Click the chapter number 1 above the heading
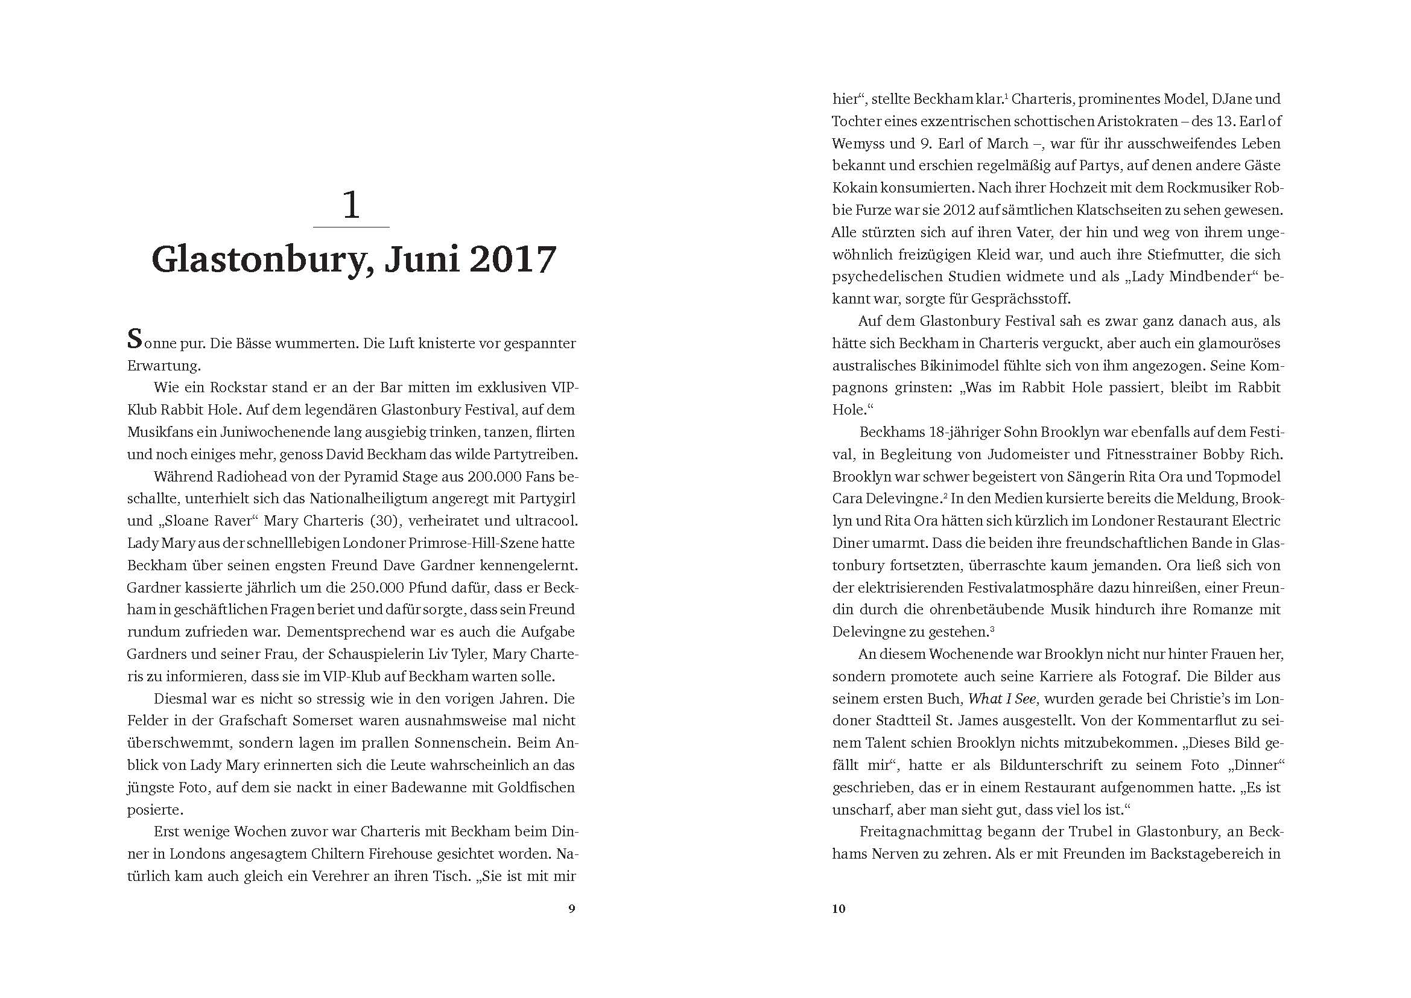click(x=351, y=205)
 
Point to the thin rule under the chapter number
click(x=351, y=227)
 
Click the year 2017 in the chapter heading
click(x=513, y=260)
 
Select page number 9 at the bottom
click(x=571, y=909)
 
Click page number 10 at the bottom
click(x=839, y=909)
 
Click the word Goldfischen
click(x=536, y=787)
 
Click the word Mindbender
click(x=1204, y=276)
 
